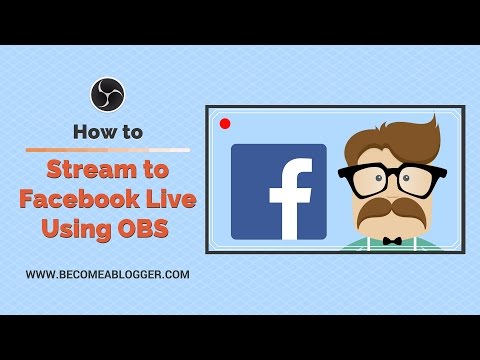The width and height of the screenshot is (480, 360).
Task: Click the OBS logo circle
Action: point(107,95)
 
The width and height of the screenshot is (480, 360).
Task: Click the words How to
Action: point(107,131)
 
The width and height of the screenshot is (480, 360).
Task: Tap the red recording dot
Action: point(225,124)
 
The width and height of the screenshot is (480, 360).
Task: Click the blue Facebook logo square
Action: point(278,191)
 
